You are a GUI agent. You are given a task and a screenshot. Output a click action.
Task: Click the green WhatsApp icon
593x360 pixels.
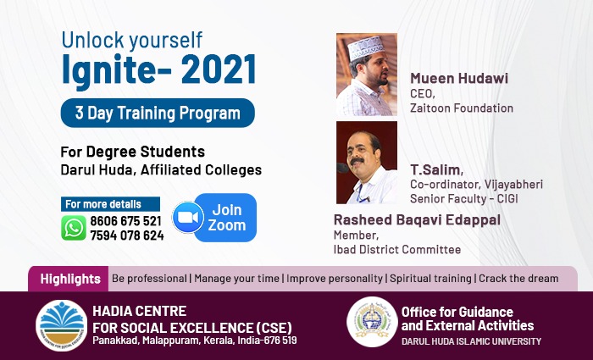[x=74, y=228]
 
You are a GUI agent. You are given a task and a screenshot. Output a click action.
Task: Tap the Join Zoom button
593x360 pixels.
[x=225, y=218]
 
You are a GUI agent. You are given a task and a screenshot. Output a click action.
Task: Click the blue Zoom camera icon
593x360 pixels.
[x=188, y=218]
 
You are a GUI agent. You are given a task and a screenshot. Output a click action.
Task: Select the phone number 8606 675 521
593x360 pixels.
[x=125, y=221]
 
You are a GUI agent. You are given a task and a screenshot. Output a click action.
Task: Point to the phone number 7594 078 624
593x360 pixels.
[x=127, y=235]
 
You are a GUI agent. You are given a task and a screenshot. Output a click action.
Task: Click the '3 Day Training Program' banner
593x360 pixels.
[x=158, y=113]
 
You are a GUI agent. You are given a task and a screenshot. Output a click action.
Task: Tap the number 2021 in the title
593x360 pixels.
[x=219, y=69]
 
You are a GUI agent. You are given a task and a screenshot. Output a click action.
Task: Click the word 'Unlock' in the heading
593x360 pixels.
[x=92, y=40]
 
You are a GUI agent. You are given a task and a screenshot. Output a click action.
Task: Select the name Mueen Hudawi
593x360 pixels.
[x=459, y=78]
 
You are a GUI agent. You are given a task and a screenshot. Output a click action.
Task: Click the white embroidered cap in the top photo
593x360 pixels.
[x=366, y=47]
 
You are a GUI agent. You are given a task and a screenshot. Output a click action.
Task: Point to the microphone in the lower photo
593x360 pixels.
[x=342, y=168]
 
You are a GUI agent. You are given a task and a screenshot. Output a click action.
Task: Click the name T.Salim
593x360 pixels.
[x=436, y=169]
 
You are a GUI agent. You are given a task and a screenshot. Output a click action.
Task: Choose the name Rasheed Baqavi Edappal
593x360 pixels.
[x=417, y=219]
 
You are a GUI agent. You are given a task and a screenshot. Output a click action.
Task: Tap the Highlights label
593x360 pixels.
[x=70, y=279]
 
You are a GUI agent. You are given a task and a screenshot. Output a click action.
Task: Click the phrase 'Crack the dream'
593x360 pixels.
[x=518, y=279]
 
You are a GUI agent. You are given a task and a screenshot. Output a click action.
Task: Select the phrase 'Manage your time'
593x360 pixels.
[x=236, y=279]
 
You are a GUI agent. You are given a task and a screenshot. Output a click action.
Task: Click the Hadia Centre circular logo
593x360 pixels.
[x=61, y=325]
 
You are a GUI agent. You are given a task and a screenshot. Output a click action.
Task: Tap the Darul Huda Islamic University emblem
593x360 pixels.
[x=372, y=322]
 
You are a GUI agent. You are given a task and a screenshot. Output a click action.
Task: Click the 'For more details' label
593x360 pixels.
[x=103, y=204]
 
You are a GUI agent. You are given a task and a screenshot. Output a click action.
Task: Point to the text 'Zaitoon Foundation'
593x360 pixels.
[x=462, y=108]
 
